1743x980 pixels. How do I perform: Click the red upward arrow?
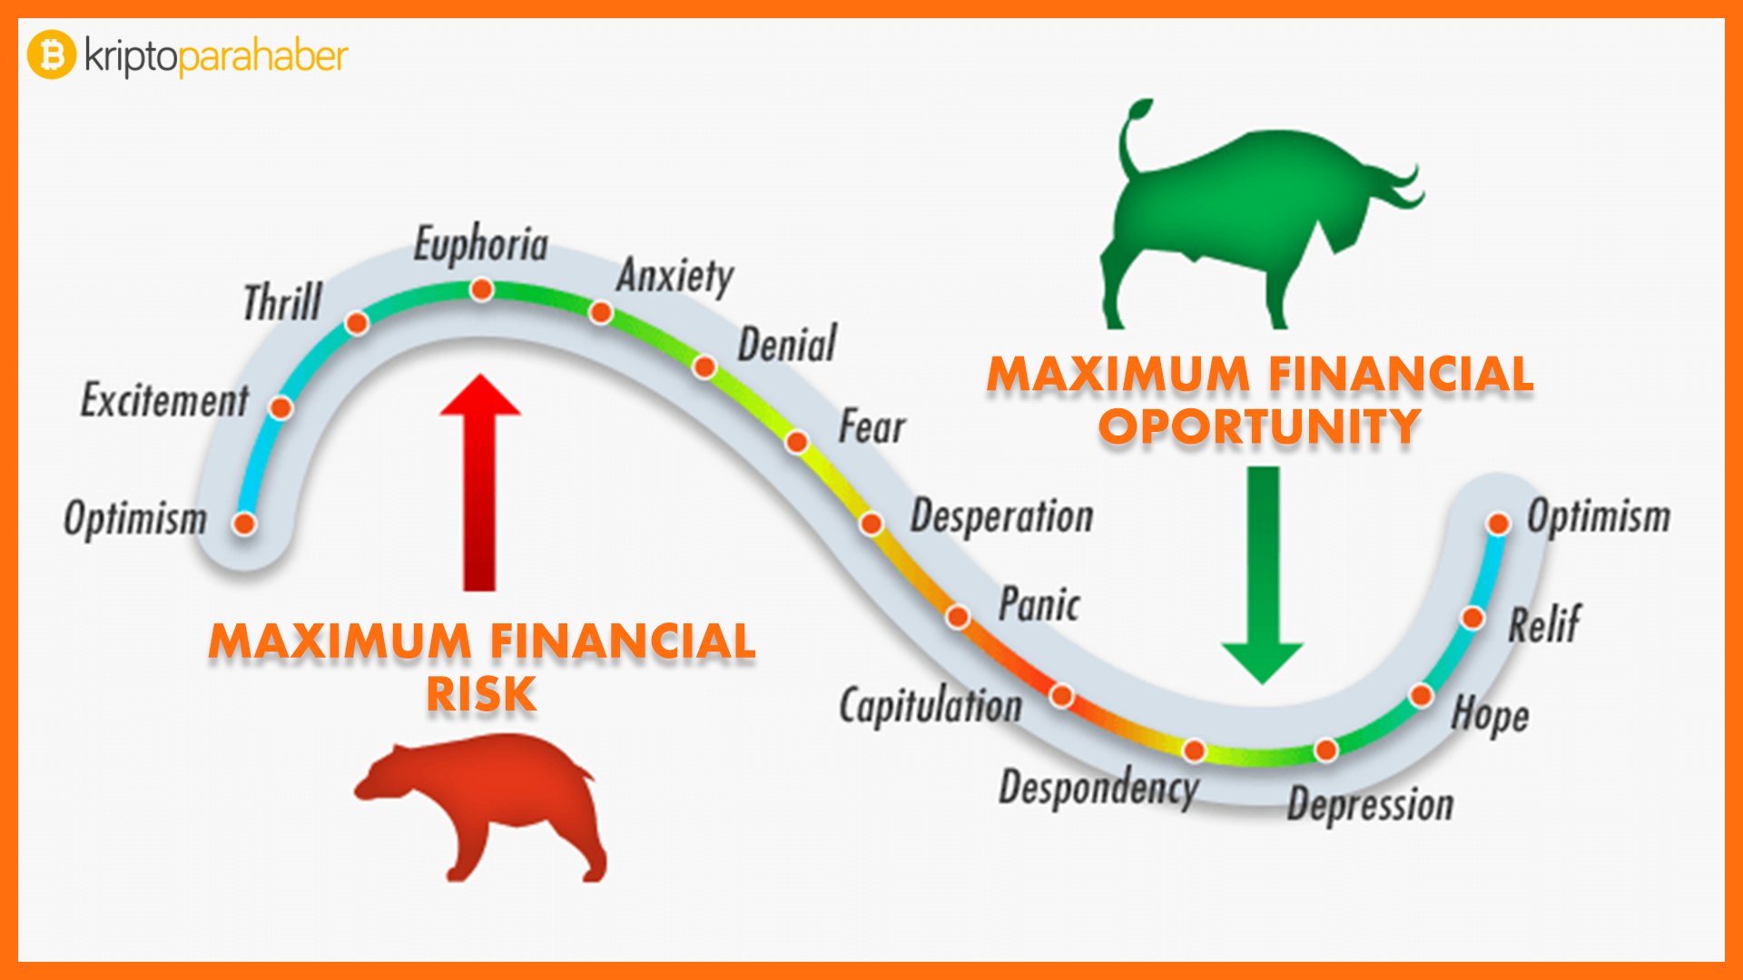[479, 483]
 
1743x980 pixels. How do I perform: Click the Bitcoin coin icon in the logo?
[52, 54]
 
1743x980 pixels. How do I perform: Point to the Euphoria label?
[481, 245]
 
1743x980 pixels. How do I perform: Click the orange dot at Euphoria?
[482, 289]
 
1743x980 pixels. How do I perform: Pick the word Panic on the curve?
[1039, 604]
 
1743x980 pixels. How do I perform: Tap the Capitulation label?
[931, 706]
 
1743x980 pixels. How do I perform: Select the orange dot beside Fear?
[797, 442]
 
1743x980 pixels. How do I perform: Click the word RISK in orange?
[482, 694]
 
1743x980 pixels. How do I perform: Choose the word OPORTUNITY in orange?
[1260, 426]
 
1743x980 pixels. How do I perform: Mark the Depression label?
[1371, 805]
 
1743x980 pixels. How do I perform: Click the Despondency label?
[1099, 787]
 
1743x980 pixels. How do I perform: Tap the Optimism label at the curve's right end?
[1599, 516]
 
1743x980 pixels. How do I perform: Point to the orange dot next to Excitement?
[281, 407]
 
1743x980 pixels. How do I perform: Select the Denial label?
[787, 345]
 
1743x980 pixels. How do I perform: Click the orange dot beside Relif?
[1472, 618]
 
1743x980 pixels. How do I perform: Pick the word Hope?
[1490, 715]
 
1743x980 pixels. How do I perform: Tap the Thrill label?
[282, 302]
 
